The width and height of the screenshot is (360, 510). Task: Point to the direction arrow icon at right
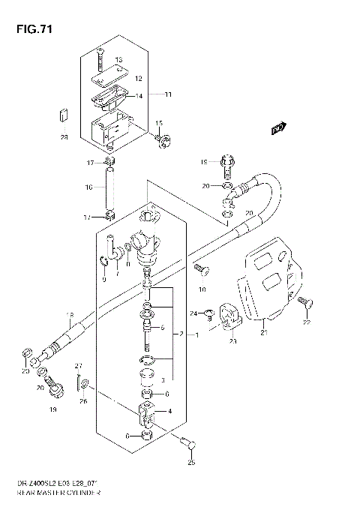[279, 129]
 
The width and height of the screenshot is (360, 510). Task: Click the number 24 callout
[193, 313]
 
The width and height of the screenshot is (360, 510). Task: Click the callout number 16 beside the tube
[88, 187]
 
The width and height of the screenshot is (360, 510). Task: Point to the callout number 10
[202, 289]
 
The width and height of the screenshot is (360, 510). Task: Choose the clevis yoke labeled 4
[146, 411]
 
